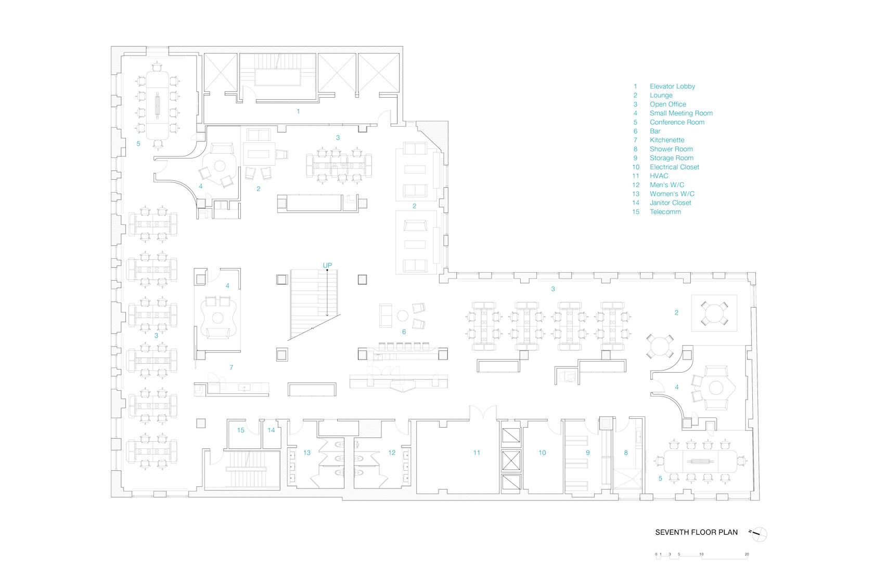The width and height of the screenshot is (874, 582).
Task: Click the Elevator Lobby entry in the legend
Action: [x=664, y=86]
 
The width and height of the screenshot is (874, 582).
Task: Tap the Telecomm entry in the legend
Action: [x=657, y=211]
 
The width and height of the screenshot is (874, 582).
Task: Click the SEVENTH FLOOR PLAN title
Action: [x=697, y=532]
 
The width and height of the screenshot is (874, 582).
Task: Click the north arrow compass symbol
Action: [x=759, y=534]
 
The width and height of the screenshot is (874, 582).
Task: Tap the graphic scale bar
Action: [x=702, y=556]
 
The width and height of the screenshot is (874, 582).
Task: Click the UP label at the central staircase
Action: [x=327, y=266]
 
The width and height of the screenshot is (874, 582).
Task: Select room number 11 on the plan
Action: [x=477, y=453]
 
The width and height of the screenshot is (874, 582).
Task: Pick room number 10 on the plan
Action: [x=542, y=453]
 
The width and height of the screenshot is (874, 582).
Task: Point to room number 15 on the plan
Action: [x=241, y=430]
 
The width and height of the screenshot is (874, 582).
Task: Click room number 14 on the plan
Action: [x=271, y=430]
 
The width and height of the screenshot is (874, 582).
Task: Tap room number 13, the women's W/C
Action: [x=307, y=453]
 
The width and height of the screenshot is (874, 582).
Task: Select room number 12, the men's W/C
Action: [x=392, y=453]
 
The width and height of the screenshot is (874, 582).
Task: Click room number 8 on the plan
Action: [x=626, y=453]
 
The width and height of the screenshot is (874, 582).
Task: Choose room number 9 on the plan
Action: [x=588, y=453]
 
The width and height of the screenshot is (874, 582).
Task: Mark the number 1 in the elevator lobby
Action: [x=298, y=112]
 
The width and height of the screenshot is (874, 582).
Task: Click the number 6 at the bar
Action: [x=404, y=332]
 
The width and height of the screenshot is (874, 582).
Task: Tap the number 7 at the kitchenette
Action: [x=232, y=367]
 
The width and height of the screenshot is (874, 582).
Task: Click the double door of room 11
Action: [x=483, y=413]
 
